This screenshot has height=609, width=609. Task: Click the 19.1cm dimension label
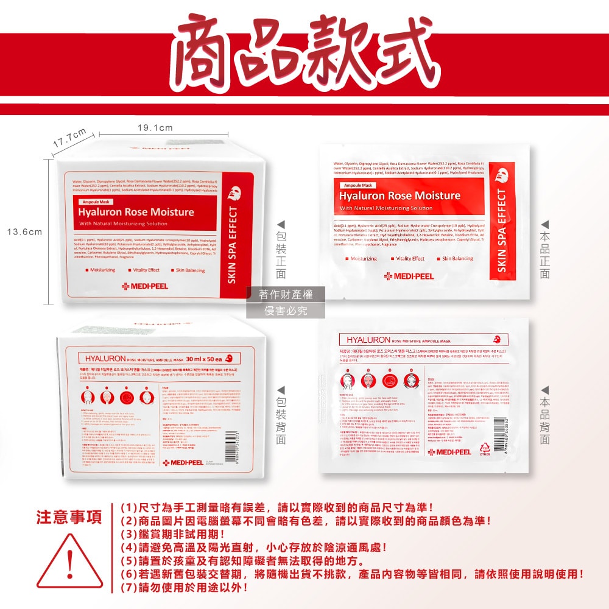point(155,128)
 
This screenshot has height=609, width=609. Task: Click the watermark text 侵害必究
point(286,311)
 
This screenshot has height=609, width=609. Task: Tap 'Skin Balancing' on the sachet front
point(457,258)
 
